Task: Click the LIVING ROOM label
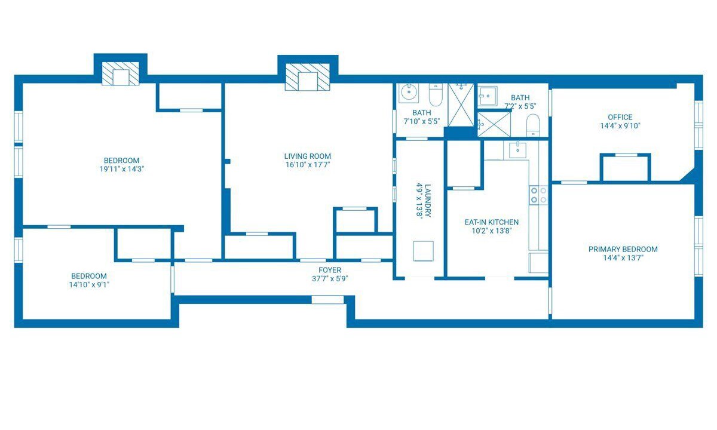307,156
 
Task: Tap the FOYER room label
330,270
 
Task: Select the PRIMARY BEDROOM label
623,249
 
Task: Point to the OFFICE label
620,117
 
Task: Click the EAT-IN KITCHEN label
491,222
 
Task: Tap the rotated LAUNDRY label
428,201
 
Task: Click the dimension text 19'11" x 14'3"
122,169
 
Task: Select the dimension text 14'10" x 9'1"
89,284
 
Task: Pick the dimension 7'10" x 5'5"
422,121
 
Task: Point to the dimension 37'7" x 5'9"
330,279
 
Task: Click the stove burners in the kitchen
538,195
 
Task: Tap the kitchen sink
517,150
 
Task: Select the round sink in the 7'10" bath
409,93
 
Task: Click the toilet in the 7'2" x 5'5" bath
533,125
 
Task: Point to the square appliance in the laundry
423,251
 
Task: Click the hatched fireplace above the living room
307,77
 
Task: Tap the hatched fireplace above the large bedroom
120,74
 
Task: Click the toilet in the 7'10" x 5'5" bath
436,95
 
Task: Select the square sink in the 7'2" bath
488,96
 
